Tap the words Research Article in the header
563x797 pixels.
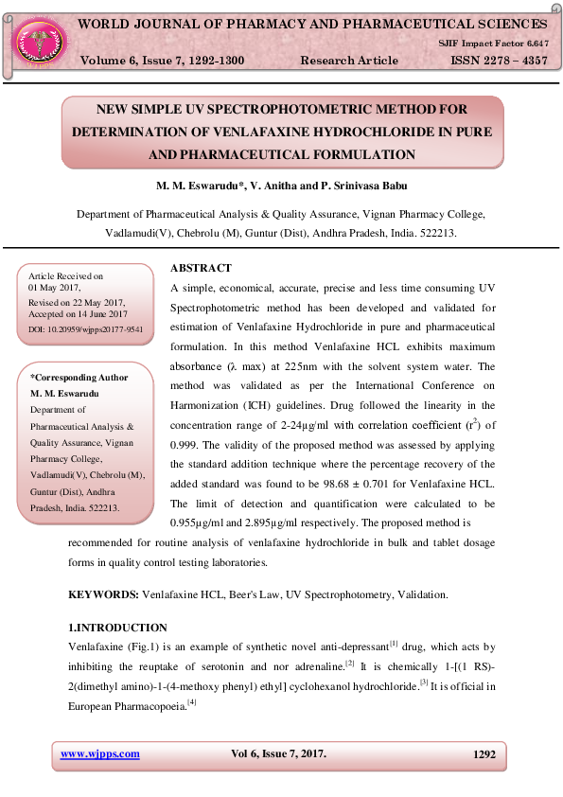pos(349,61)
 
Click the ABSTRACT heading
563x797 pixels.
pos(201,269)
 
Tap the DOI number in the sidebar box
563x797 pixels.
pos(86,329)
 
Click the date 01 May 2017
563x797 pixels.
pos(55,287)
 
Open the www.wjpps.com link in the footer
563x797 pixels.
pos(100,753)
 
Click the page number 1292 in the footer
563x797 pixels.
pos(484,754)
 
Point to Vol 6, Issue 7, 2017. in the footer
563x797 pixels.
pos(278,753)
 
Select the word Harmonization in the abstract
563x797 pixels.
pos(202,405)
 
